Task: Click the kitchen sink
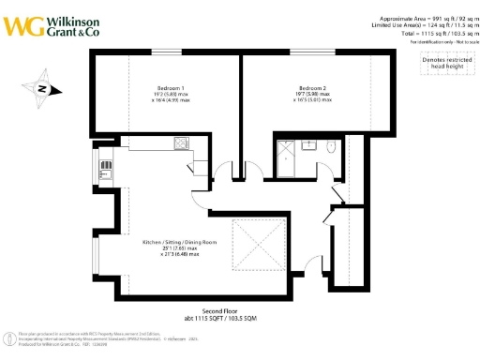[x=107, y=172]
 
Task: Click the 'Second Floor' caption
[x=221, y=311]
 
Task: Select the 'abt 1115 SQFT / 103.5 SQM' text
[x=221, y=320]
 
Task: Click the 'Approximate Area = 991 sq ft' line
[x=420, y=19]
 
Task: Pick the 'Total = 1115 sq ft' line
[x=432, y=34]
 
